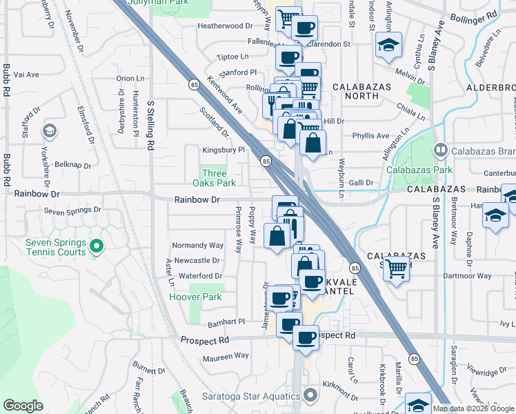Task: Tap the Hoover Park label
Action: pyautogui.click(x=195, y=297)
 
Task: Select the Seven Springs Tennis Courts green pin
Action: pyautogui.click(x=97, y=246)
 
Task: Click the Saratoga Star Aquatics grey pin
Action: pyautogui.click(x=310, y=395)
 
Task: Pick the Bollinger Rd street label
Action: pyautogui.click(x=483, y=13)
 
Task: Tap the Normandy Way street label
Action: pyautogui.click(x=198, y=245)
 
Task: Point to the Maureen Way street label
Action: pyautogui.click(x=226, y=356)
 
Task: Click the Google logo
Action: pyautogui.click(x=23, y=406)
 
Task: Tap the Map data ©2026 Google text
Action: pyautogui.click(x=473, y=408)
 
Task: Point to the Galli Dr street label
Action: pyautogui.click(x=359, y=183)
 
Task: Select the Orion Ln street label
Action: pyautogui.click(x=130, y=79)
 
